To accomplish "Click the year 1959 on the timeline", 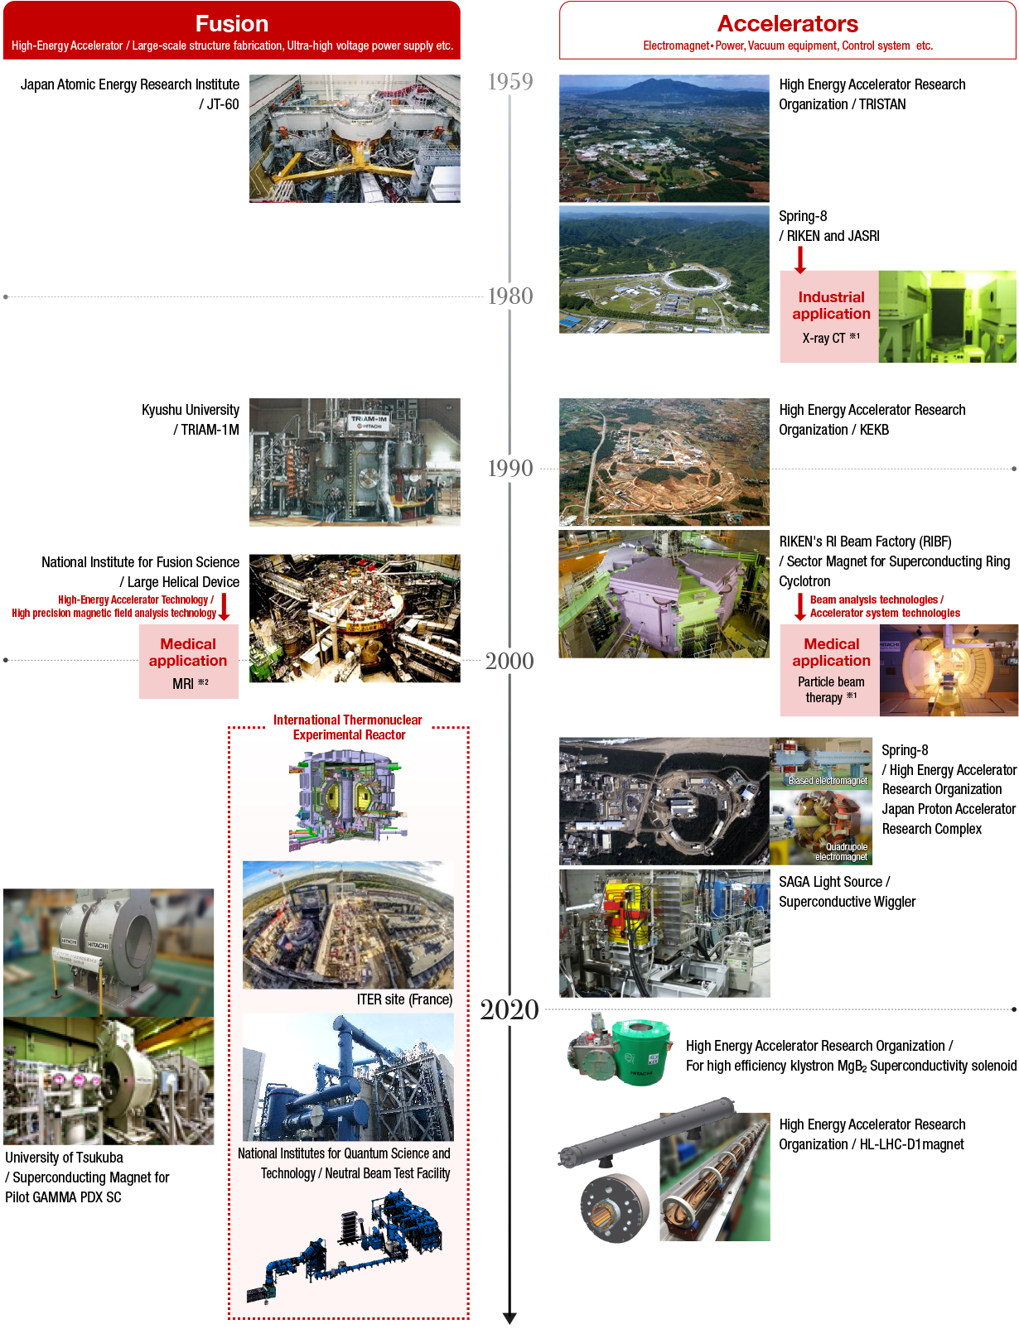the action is point(510,81).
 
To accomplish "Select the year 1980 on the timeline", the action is point(510,296).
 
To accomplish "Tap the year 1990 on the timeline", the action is point(510,469).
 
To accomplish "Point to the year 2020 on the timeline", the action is point(509,1009).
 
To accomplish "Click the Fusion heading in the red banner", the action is point(232,24).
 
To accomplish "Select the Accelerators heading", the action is point(788,24).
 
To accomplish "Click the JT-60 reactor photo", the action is point(355,138).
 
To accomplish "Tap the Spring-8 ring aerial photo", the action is point(664,270).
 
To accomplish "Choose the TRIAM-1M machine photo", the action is point(355,462).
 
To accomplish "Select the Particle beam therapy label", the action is point(831,689).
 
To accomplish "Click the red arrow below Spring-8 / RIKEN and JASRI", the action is point(800,259).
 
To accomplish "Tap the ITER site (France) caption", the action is point(404,999).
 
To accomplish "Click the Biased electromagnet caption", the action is point(828,780).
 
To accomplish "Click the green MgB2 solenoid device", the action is point(640,1052).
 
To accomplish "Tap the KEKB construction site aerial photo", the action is point(664,462).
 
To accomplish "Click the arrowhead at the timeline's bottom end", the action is point(509,1318).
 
